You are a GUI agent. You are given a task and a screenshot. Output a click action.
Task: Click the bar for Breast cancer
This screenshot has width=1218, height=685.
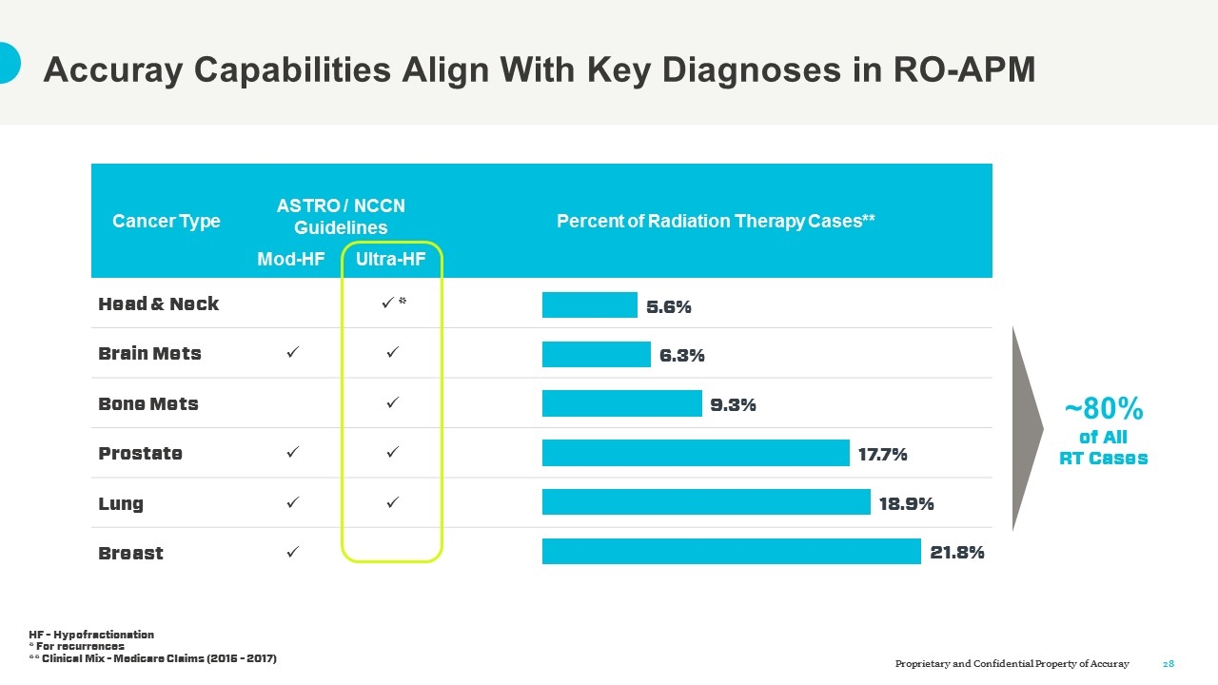coord(731,552)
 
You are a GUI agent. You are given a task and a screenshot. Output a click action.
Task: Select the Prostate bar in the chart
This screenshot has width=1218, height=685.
coord(695,453)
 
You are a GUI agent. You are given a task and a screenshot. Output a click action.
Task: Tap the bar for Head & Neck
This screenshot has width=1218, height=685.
coord(589,304)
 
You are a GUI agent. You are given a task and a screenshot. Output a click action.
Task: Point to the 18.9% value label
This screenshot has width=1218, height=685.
coord(906,503)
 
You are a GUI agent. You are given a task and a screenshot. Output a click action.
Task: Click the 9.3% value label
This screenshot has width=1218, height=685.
coord(733,404)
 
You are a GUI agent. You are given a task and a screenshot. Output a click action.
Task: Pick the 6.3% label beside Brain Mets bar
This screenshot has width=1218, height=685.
coord(681,355)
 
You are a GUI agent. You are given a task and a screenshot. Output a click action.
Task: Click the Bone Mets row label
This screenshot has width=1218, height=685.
coord(148,403)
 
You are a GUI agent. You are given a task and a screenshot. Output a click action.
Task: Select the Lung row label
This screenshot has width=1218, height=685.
coord(121,503)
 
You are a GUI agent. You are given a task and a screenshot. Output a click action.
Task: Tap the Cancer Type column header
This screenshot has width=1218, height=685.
coord(167,221)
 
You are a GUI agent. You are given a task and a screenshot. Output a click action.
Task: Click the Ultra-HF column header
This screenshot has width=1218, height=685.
coord(390,259)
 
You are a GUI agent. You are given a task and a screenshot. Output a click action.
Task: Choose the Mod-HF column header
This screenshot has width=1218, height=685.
coord(291,259)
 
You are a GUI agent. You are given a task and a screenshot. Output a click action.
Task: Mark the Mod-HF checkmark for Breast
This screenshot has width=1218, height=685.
coord(292,552)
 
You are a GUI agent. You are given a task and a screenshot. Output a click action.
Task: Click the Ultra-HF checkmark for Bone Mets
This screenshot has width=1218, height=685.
coord(391,403)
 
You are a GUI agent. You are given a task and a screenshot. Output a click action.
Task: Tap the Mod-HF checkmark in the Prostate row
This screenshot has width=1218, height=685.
coord(292,453)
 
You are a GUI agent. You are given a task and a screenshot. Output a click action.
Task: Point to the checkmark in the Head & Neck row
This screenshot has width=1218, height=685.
coord(388,303)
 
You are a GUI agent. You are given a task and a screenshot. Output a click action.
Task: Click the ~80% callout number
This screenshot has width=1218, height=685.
coord(1103,409)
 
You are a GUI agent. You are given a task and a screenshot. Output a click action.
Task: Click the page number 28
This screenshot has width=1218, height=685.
coord(1169,663)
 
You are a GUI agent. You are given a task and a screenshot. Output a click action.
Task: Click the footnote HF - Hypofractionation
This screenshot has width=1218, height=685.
coord(91,635)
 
